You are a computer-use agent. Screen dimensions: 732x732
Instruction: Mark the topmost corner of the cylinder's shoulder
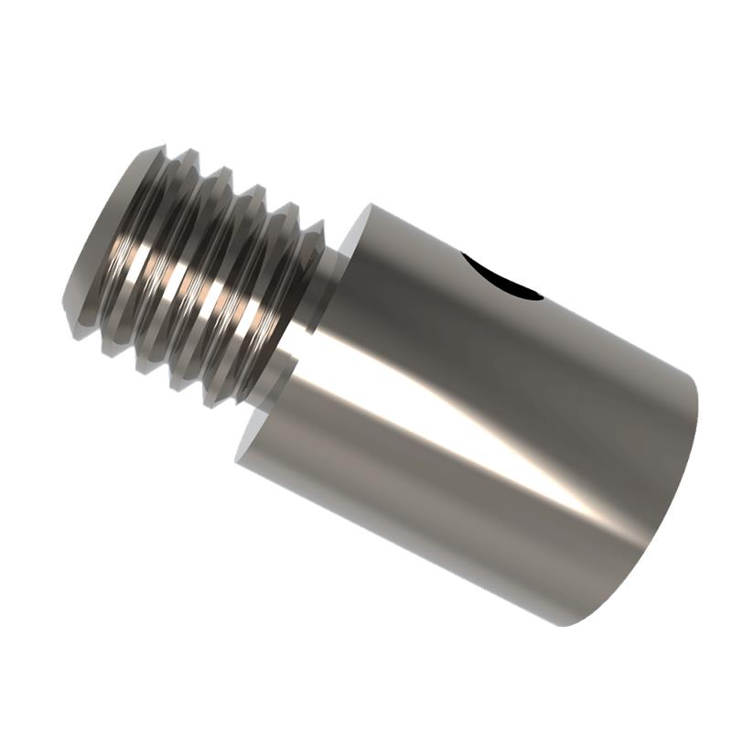coord(371,204)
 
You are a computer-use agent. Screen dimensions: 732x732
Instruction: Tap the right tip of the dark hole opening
coord(542,295)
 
